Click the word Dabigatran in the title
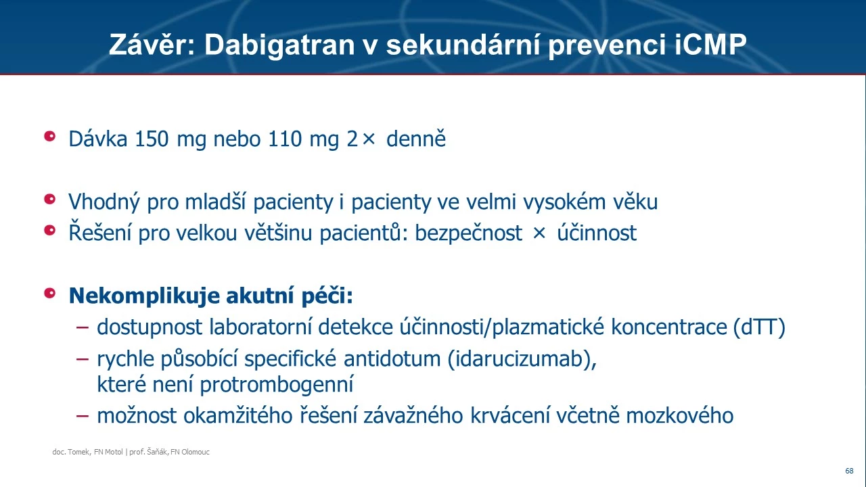click(x=279, y=45)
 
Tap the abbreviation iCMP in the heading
click(x=710, y=45)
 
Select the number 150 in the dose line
click(x=152, y=139)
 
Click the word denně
click(x=416, y=139)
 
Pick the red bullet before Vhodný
click(x=50, y=199)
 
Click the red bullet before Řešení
click(x=50, y=231)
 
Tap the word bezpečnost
click(x=469, y=233)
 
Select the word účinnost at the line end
click(x=597, y=232)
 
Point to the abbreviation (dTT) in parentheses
click(x=759, y=327)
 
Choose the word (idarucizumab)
click(x=522, y=358)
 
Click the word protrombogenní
click(x=277, y=385)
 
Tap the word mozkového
click(x=680, y=416)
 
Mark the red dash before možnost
click(x=83, y=416)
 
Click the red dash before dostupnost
click(x=83, y=327)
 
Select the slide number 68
click(x=849, y=471)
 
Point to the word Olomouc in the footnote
click(x=196, y=452)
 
